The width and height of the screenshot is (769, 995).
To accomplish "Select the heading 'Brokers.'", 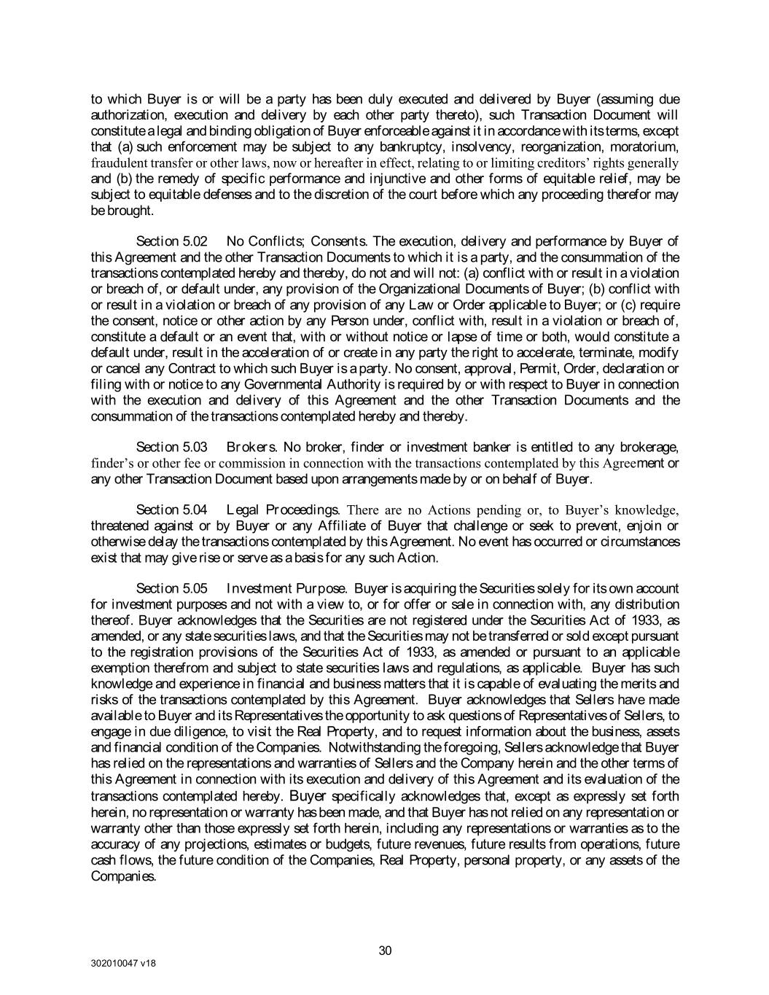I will pyautogui.click(x=251, y=447).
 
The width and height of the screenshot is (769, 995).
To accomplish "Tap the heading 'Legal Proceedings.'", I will pyautogui.click(x=283, y=510).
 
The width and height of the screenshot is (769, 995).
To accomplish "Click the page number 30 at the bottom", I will pyautogui.click(x=386, y=951).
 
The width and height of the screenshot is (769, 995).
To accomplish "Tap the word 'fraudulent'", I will pyautogui.click(x=114, y=163).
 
